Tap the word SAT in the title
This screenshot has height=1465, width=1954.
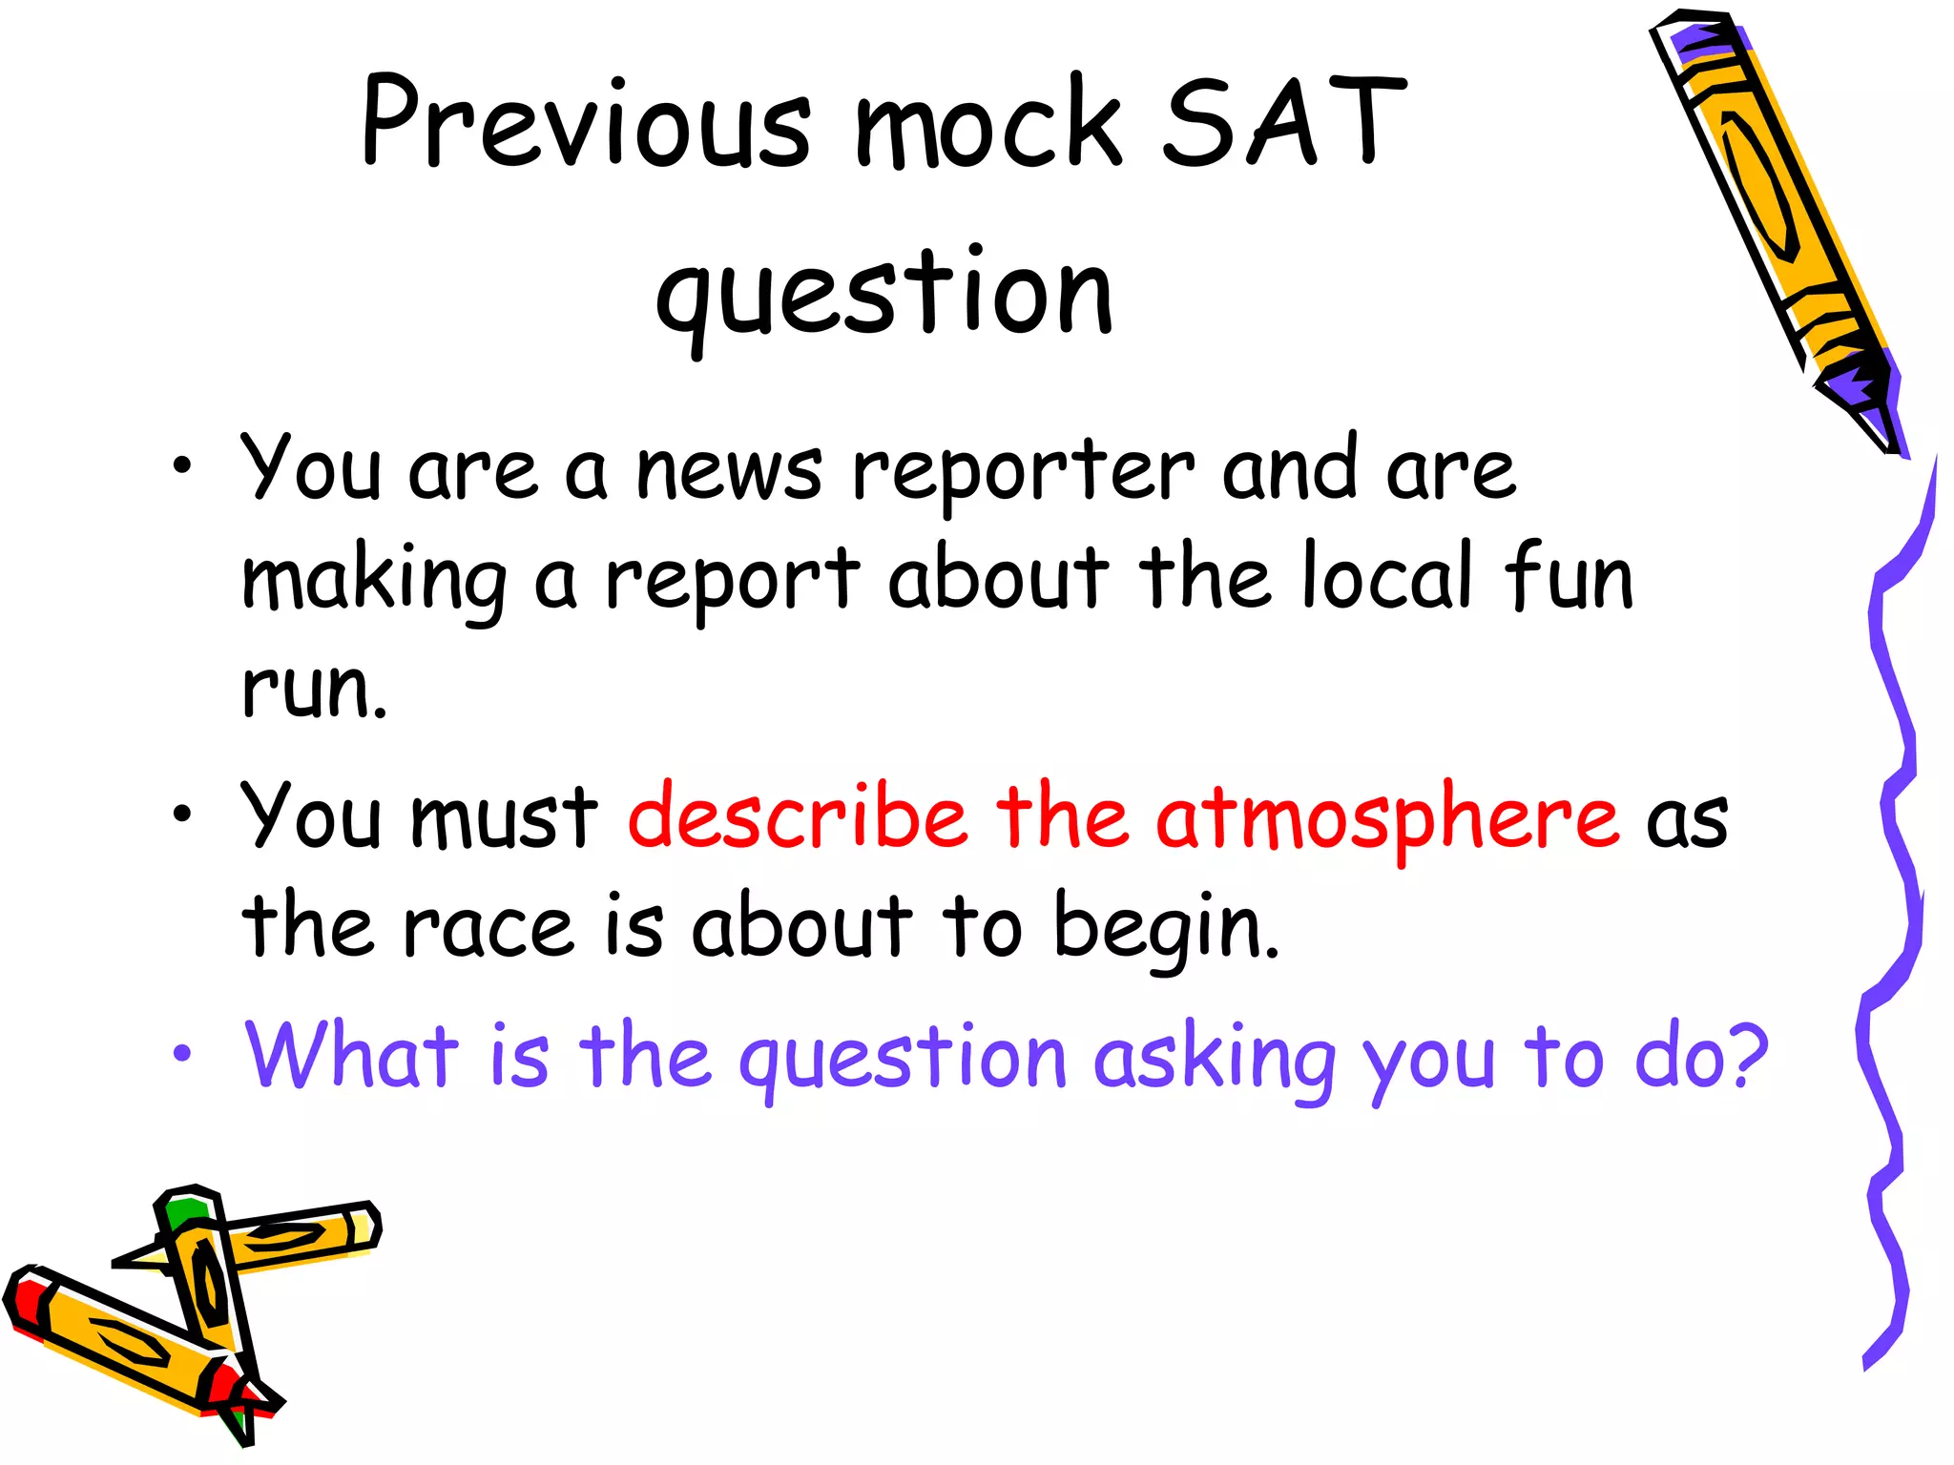point(1283,124)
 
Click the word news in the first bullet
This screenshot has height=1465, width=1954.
point(729,472)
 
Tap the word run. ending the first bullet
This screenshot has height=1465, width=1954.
point(314,689)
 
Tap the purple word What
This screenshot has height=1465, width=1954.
point(351,1057)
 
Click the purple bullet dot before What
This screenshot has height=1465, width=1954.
point(182,1055)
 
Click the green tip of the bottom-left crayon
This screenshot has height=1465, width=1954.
point(184,1212)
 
